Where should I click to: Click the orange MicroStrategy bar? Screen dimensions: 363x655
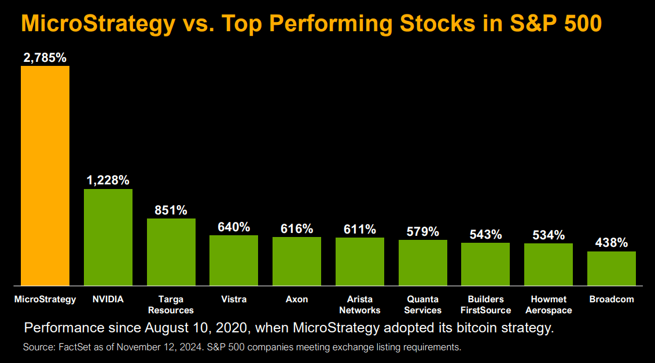45,175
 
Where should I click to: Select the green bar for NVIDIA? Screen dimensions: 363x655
108,237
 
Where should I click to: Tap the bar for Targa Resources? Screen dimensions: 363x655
171,252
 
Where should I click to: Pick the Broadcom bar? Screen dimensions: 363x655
611,268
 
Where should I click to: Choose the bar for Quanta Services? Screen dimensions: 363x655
422,262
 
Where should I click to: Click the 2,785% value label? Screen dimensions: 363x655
45,58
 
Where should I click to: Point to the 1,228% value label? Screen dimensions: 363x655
108,180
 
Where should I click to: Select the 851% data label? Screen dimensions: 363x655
171,210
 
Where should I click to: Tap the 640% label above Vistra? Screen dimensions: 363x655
234,227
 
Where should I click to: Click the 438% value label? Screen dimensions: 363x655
611,243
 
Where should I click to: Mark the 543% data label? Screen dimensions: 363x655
485,235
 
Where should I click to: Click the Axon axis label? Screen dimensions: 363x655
296,299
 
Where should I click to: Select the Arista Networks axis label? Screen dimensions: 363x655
359,305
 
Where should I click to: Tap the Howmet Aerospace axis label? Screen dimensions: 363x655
548,305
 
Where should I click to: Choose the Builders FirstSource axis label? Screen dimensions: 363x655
485,305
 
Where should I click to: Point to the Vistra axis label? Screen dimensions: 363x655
234,299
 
